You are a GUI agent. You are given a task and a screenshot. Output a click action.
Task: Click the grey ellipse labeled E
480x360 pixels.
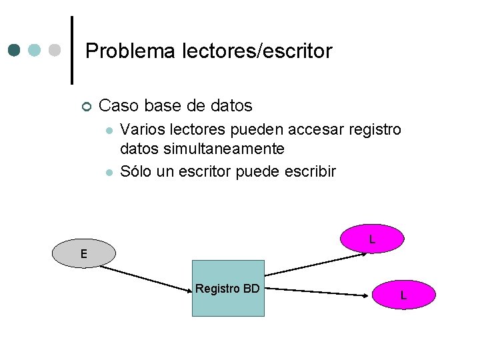coord(83,253)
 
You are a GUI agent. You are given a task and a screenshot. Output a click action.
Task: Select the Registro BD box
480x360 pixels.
coord(228,288)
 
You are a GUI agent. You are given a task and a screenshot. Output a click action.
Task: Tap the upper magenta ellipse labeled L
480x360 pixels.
coord(372,239)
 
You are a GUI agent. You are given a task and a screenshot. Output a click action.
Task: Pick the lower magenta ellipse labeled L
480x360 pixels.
coord(403,295)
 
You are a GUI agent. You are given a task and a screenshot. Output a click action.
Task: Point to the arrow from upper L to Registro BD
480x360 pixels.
coord(313,265)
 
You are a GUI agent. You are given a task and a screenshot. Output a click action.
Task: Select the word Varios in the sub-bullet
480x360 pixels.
coord(143,129)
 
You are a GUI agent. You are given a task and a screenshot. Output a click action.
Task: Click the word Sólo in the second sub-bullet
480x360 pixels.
coord(135,171)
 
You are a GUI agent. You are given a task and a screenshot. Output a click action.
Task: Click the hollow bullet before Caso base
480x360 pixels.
coord(86,107)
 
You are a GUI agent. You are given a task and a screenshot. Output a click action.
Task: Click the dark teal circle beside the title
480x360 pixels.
coord(14,51)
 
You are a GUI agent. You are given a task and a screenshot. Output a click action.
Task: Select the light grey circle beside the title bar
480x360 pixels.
coord(55,51)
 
